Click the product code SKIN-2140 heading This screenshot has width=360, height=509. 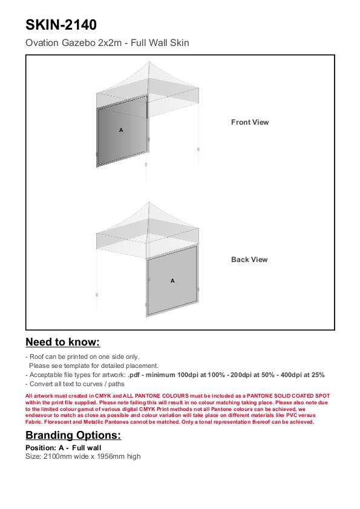pos(61,25)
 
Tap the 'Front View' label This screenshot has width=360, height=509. pos(250,122)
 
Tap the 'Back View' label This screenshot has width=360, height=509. pos(249,260)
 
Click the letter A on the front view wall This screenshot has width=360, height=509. pos(121,130)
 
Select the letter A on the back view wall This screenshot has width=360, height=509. pos(172,280)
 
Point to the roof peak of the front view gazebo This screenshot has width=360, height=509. pos(149,61)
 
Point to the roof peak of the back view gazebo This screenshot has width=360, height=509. pos(149,202)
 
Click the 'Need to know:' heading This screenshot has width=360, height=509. pos(63,342)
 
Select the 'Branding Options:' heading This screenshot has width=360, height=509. pos(73,435)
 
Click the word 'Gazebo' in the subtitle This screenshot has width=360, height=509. pos(78,43)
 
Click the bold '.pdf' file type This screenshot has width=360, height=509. pos(135,375)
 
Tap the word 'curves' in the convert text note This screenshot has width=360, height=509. pos(92,384)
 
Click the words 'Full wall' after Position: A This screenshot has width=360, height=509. pos(87,448)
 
